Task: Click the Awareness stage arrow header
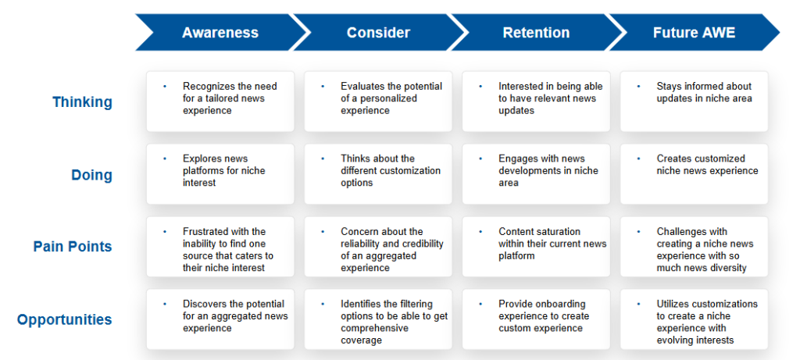click(220, 33)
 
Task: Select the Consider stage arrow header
click(379, 33)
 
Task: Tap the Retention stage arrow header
click(536, 33)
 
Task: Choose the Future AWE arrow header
click(695, 33)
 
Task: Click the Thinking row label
click(82, 102)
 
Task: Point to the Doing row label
click(92, 176)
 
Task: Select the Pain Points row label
click(73, 247)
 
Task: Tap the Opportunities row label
click(65, 319)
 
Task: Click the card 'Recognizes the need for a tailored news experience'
click(220, 102)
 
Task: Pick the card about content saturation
click(536, 247)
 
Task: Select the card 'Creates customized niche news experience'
click(695, 174)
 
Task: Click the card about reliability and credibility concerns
click(378, 247)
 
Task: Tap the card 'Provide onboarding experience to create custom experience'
click(536, 319)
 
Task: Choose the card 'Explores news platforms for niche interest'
click(220, 174)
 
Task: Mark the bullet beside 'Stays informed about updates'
click(639, 87)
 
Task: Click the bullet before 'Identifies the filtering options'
click(323, 305)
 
